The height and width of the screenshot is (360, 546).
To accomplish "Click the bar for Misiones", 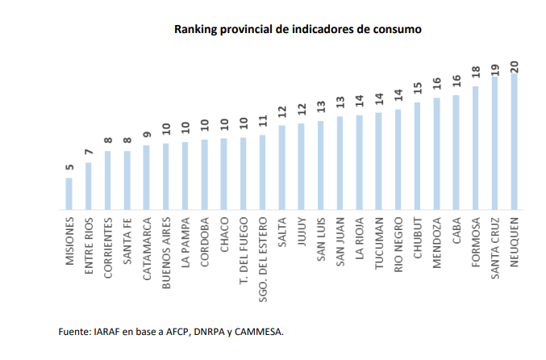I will (x=69, y=194).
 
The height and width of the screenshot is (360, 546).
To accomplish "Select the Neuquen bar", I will (x=514, y=141).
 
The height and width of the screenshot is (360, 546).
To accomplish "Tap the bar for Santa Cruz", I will (x=494, y=144).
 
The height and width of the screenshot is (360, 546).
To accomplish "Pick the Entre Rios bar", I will (x=89, y=186).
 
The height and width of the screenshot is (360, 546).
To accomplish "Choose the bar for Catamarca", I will (x=146, y=177).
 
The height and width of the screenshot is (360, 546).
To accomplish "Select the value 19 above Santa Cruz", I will (x=495, y=68).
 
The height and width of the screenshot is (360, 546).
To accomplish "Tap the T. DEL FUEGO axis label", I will (x=244, y=251).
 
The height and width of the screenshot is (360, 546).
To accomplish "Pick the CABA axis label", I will (x=456, y=230).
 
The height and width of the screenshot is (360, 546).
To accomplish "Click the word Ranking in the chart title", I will (x=198, y=29).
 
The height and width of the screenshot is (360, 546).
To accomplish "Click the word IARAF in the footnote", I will (x=105, y=331).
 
